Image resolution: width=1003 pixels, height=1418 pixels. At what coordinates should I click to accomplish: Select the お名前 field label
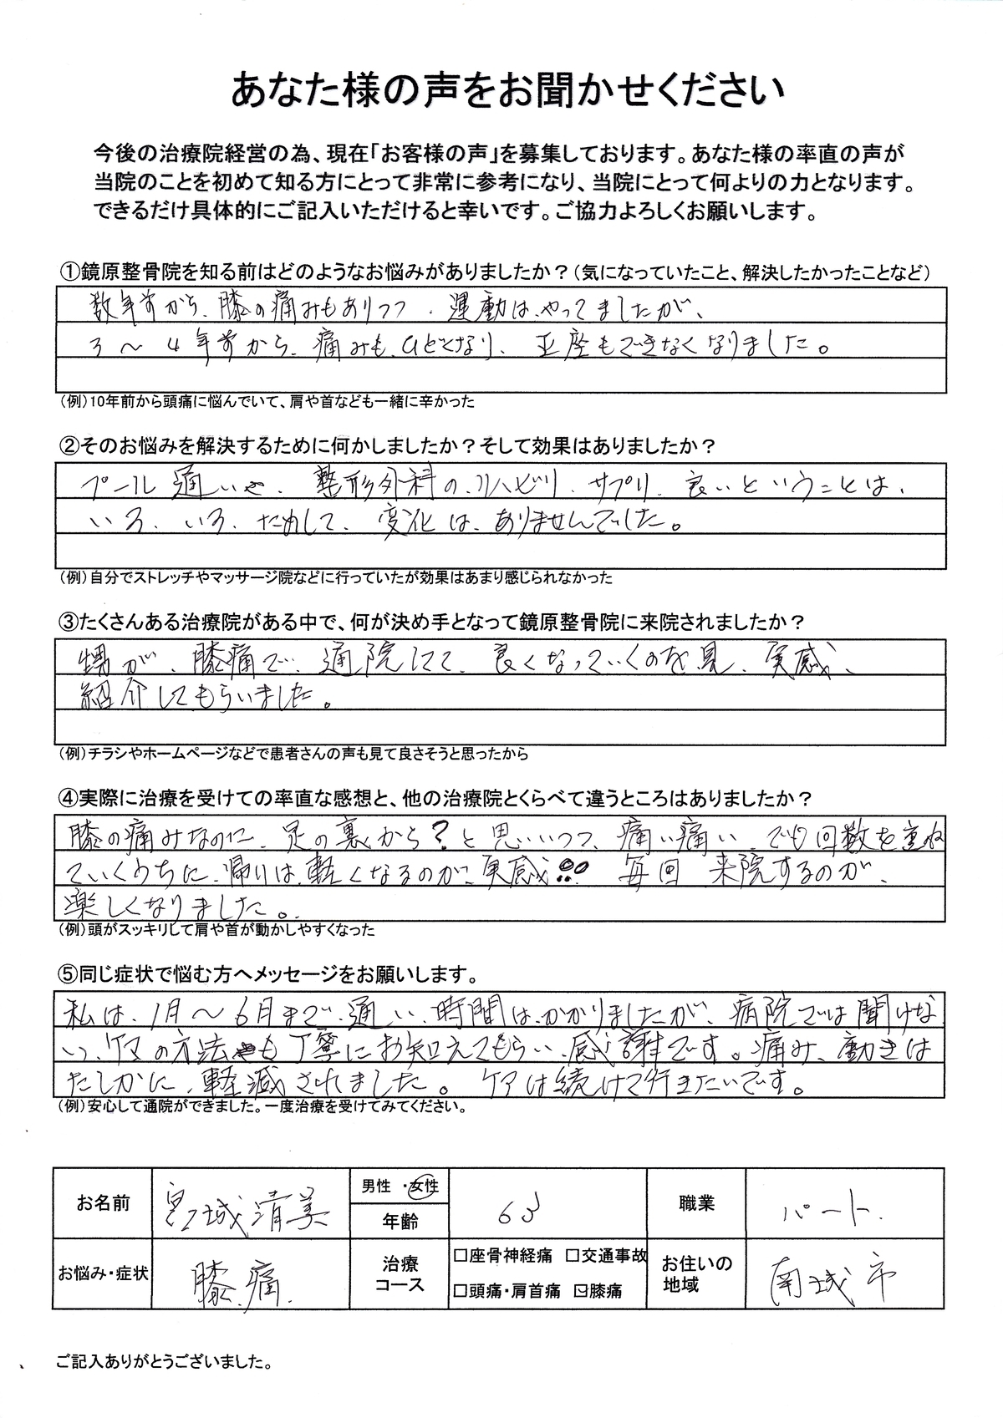(x=103, y=1204)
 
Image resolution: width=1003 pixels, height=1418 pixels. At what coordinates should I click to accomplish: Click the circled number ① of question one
(x=67, y=273)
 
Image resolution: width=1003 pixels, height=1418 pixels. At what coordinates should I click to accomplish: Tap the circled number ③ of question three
(x=67, y=623)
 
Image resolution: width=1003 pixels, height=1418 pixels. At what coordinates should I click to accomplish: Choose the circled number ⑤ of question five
(x=67, y=974)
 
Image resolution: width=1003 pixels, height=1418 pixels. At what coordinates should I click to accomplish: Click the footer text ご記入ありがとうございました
(x=163, y=1363)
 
